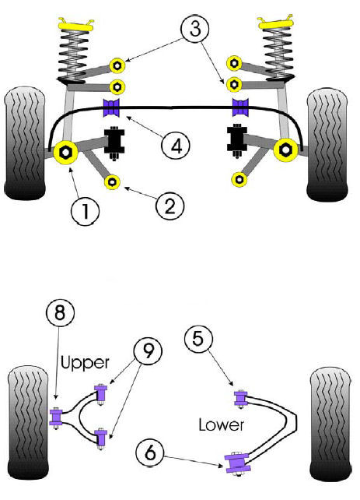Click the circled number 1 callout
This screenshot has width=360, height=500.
pyautogui.click(x=85, y=211)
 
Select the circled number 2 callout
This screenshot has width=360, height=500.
pyautogui.click(x=170, y=206)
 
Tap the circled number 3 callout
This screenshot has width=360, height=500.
pyautogui.click(x=195, y=28)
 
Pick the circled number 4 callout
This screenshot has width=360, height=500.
pyautogui.click(x=176, y=146)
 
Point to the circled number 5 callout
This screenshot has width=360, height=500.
pyautogui.click(x=198, y=338)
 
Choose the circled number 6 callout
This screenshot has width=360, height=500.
pyautogui.click(x=150, y=452)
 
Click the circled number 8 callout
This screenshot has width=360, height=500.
pyautogui.click(x=60, y=312)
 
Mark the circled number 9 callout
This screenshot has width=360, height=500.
pyautogui.click(x=148, y=351)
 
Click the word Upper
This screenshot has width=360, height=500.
pyautogui.click(x=85, y=363)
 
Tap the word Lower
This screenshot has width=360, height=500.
pyautogui.click(x=222, y=424)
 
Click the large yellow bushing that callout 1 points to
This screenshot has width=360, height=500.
pyautogui.click(x=65, y=153)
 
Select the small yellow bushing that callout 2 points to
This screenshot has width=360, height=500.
pyautogui.click(x=113, y=181)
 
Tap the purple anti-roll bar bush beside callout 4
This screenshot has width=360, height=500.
pyautogui.click(x=111, y=107)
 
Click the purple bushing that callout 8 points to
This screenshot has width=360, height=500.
pyautogui.click(x=56, y=417)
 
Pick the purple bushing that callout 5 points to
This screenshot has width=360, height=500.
pyautogui.click(x=241, y=398)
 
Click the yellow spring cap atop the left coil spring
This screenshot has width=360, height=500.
pyautogui.click(x=76, y=25)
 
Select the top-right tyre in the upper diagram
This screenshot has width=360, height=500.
pyautogui.click(x=327, y=146)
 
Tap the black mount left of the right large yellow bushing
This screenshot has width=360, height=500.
pyautogui.click(x=237, y=139)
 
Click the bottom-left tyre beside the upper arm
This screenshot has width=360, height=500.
pyautogui.click(x=28, y=423)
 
